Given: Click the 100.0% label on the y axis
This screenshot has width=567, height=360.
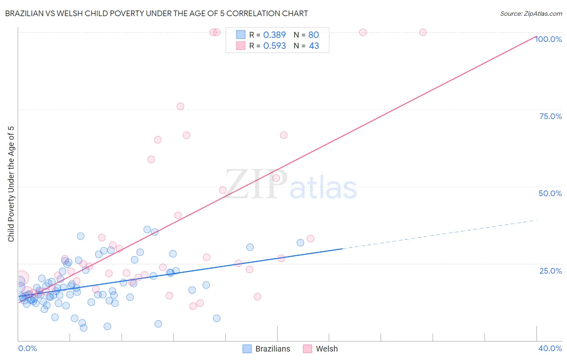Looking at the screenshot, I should (x=548, y=39).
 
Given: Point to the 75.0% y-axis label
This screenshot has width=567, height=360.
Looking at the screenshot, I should (x=550, y=116).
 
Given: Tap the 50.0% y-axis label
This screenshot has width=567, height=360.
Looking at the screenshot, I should (x=550, y=193).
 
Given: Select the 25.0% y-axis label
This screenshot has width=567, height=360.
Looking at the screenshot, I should (x=550, y=270).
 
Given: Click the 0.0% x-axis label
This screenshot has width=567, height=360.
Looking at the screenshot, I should (x=27, y=348).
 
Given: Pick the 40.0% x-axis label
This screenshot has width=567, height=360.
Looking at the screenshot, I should (x=550, y=348).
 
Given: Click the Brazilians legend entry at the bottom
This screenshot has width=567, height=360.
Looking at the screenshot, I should (x=273, y=349).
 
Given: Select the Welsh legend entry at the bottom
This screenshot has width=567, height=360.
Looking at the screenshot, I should (x=327, y=349).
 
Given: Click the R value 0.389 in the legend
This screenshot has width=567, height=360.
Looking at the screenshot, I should (x=274, y=35).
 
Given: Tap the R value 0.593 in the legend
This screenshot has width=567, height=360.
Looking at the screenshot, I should (x=274, y=46).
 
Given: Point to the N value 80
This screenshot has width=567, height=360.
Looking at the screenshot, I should (x=313, y=35).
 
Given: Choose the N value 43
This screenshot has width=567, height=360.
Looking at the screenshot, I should (x=314, y=46).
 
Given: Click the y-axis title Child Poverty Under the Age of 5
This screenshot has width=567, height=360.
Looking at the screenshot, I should (x=11, y=184).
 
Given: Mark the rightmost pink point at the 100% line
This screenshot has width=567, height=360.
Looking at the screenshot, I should (x=423, y=32).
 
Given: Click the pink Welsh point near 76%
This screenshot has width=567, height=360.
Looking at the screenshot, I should (x=180, y=107).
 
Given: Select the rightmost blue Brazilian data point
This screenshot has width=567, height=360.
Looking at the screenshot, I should (x=300, y=243).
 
